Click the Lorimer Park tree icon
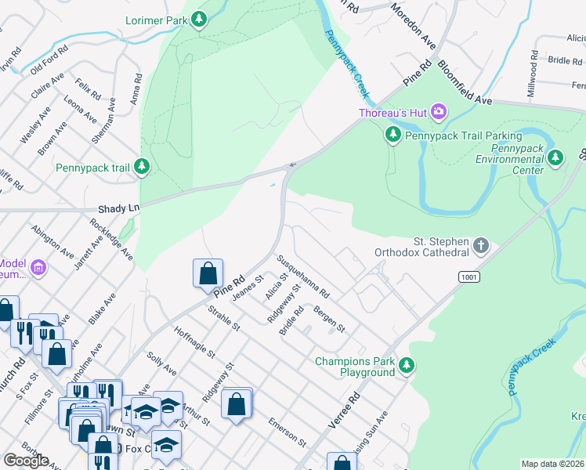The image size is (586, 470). click(x=200, y=18)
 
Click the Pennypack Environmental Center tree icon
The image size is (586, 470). click(x=555, y=158)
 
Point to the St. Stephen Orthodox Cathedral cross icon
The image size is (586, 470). click(x=481, y=248)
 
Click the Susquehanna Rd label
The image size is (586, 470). click(x=302, y=276)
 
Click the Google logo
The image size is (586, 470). click(x=26, y=461)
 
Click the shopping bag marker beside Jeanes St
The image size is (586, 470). click(x=208, y=274)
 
